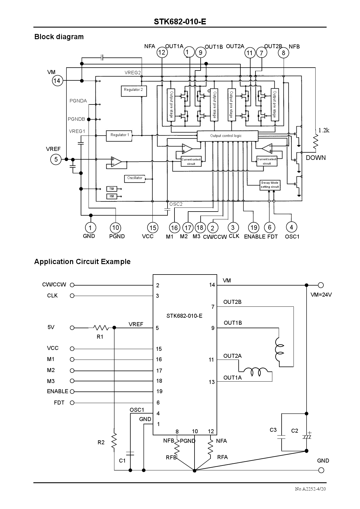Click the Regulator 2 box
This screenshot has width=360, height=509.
click(134, 91)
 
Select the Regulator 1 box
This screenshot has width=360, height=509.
click(120, 136)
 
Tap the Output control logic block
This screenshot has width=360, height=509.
click(227, 136)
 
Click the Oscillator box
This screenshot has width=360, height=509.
click(135, 178)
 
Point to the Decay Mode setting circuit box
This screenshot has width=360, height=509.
click(270, 185)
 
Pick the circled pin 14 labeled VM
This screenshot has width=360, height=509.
click(57, 81)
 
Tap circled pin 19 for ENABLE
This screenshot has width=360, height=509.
click(253, 228)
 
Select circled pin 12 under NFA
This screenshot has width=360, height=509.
click(162, 53)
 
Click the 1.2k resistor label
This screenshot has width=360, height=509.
click(324, 130)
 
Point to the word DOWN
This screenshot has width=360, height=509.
click(316, 158)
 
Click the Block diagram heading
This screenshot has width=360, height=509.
click(59, 37)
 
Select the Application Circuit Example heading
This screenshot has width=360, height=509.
click(82, 262)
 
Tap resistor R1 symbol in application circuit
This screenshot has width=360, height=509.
click(101, 328)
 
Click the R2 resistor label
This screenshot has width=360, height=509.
click(101, 443)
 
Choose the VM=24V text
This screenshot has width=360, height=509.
click(321, 295)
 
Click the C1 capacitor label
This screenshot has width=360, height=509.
click(122, 461)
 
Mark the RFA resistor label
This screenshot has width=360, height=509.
click(222, 457)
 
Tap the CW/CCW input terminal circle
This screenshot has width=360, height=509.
click(72, 285)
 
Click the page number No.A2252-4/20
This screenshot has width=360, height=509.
click(310, 489)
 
